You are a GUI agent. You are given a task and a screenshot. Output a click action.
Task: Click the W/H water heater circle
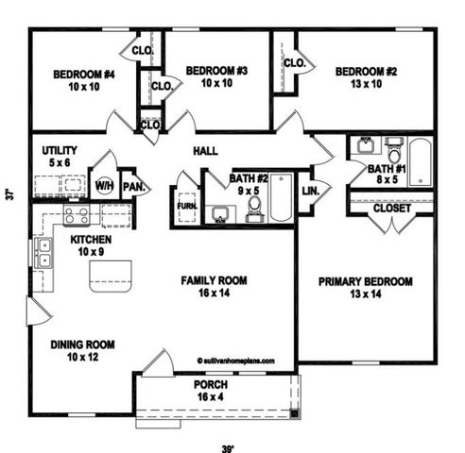click(x=104, y=185)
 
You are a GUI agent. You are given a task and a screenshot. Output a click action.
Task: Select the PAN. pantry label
click(x=135, y=186)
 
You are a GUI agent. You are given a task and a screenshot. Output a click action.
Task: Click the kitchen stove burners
click(x=77, y=215)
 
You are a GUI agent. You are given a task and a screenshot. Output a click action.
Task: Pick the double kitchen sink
click(x=43, y=251)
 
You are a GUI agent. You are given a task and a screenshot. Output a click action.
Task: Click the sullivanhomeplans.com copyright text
click(x=235, y=360)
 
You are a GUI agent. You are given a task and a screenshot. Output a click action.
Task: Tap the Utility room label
click(x=60, y=156)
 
